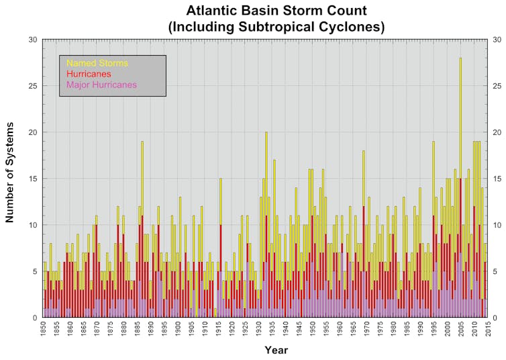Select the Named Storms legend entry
coord(97,63)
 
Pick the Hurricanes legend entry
coord(89,74)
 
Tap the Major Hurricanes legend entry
coord(102,85)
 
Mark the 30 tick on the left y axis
coord(32,40)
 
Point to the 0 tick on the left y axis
coord(35,318)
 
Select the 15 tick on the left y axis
coord(32,179)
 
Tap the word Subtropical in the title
coord(272,27)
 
